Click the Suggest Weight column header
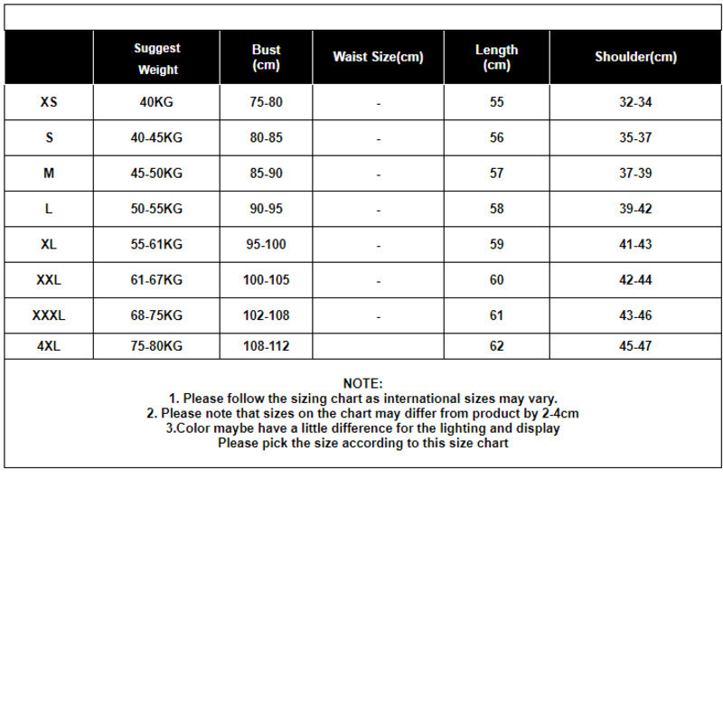157,59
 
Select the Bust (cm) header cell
266,57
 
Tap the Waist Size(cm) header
378,57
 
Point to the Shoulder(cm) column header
635,57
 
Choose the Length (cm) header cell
496,57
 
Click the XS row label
49,102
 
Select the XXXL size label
49,315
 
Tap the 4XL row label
49,346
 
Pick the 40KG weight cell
156,102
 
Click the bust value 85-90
266,173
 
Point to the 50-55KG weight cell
156,209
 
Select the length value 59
496,244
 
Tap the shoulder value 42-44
635,280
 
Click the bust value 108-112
266,346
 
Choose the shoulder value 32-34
635,102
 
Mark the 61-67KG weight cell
156,280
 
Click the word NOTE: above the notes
362,384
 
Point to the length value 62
496,346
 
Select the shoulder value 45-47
635,346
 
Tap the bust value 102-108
266,315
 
